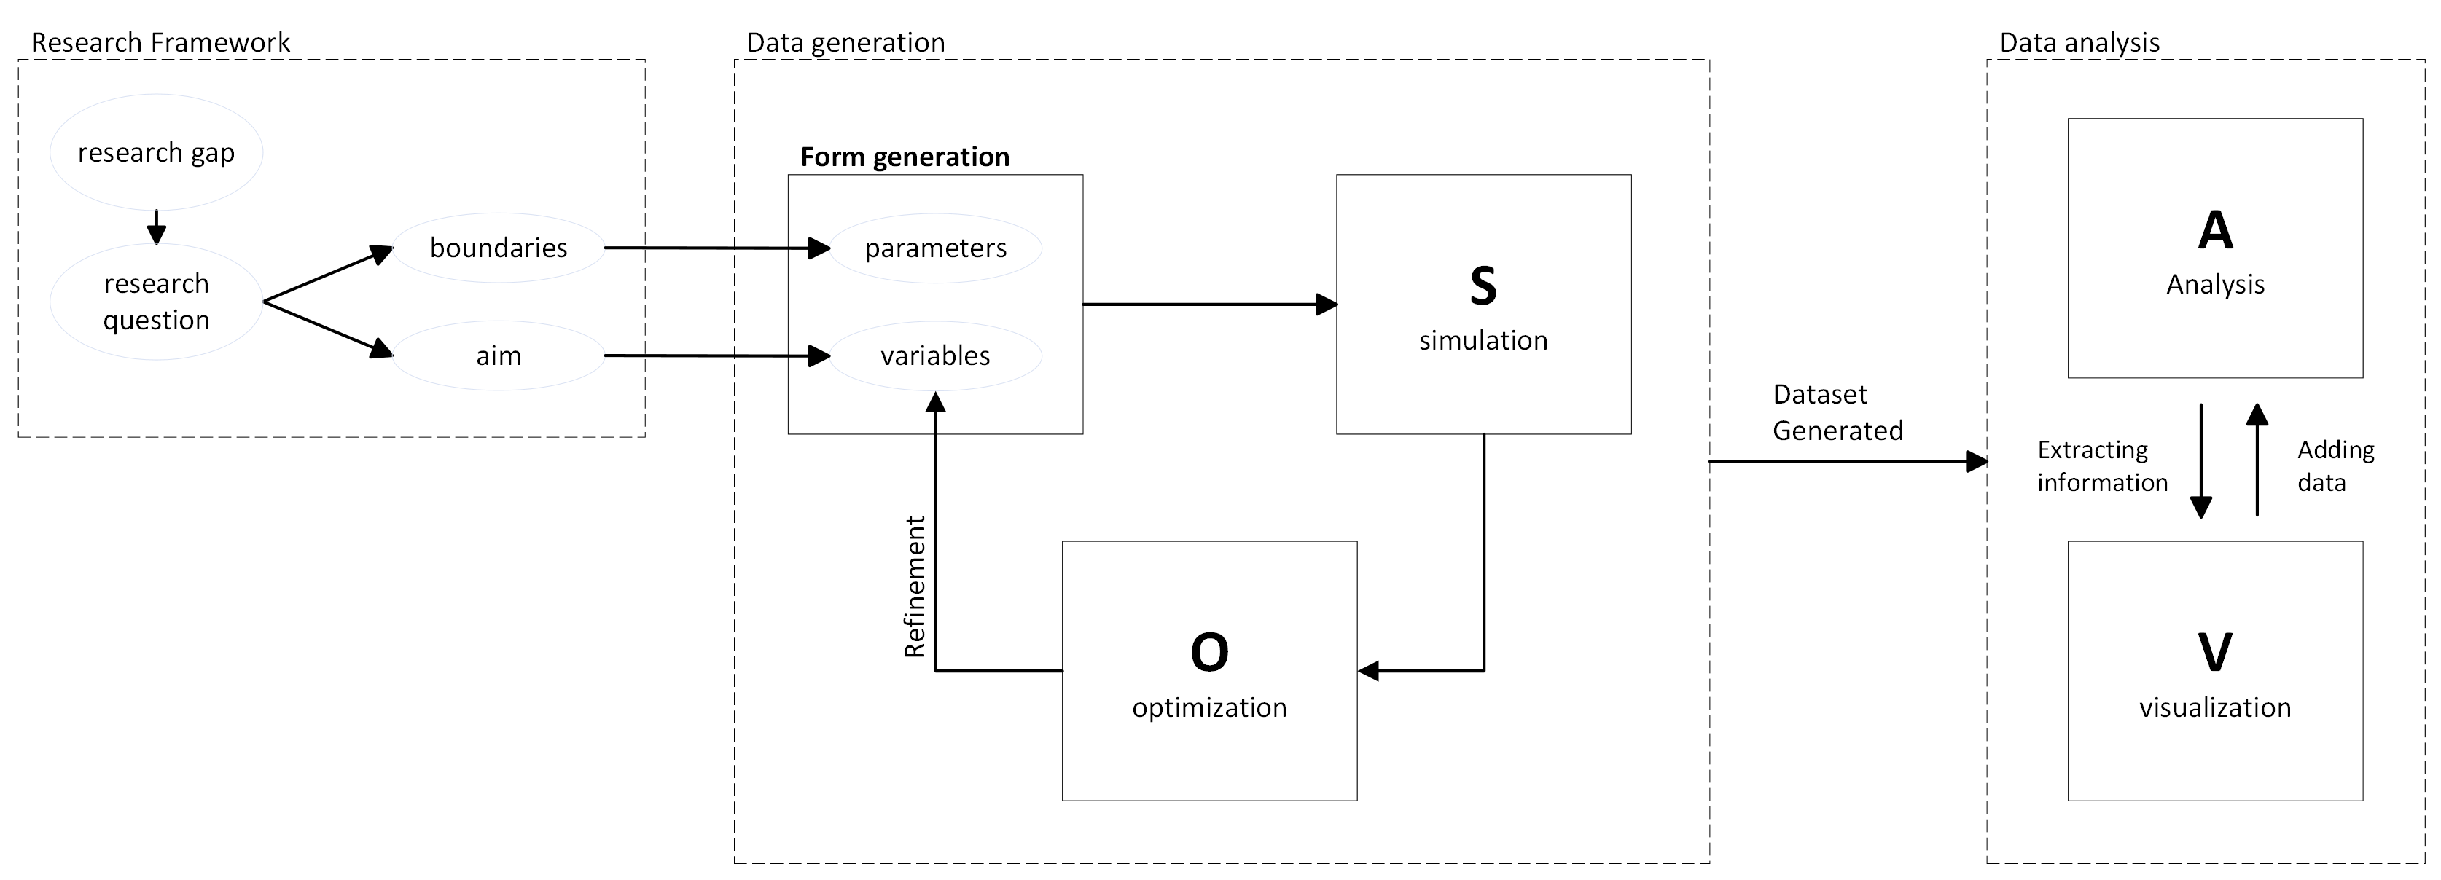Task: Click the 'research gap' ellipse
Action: [157, 152]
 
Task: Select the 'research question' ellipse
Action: [157, 302]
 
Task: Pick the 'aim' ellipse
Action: [499, 356]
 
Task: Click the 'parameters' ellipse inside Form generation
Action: [935, 248]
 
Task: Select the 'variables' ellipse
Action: [935, 356]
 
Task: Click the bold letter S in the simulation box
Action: [1483, 286]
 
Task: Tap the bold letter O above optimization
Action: [1209, 653]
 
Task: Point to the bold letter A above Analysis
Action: [2214, 230]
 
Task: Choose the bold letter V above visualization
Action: [2214, 653]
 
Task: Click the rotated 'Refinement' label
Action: [915, 586]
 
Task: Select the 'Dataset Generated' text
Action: [1837, 413]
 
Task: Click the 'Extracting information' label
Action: [2102, 466]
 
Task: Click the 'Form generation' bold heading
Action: [905, 157]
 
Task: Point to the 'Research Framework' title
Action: [160, 43]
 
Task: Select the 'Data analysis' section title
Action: [2079, 43]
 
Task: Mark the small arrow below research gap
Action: [157, 227]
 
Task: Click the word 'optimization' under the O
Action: [1209, 707]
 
